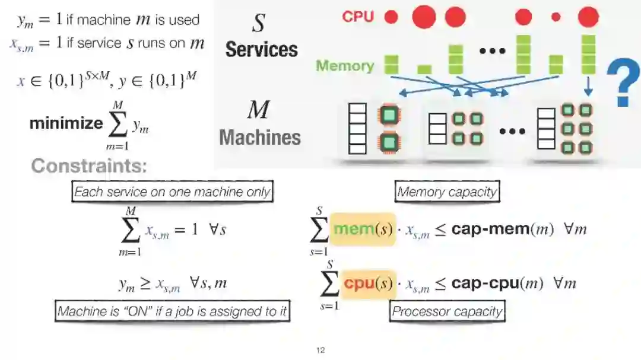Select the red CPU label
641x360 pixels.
358,17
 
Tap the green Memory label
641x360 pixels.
345,65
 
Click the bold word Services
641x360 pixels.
261,49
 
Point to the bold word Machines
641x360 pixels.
260,138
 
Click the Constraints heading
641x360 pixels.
88,165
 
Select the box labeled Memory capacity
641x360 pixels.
447,192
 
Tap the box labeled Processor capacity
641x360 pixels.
447,311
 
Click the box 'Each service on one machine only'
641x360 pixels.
172,192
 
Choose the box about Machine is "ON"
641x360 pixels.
173,311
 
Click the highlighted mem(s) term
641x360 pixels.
363,229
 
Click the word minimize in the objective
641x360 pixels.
66,123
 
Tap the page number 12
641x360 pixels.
320,351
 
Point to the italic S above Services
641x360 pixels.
259,24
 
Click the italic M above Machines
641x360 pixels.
258,110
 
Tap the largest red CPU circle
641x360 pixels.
424,17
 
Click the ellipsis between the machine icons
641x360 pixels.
512,130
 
